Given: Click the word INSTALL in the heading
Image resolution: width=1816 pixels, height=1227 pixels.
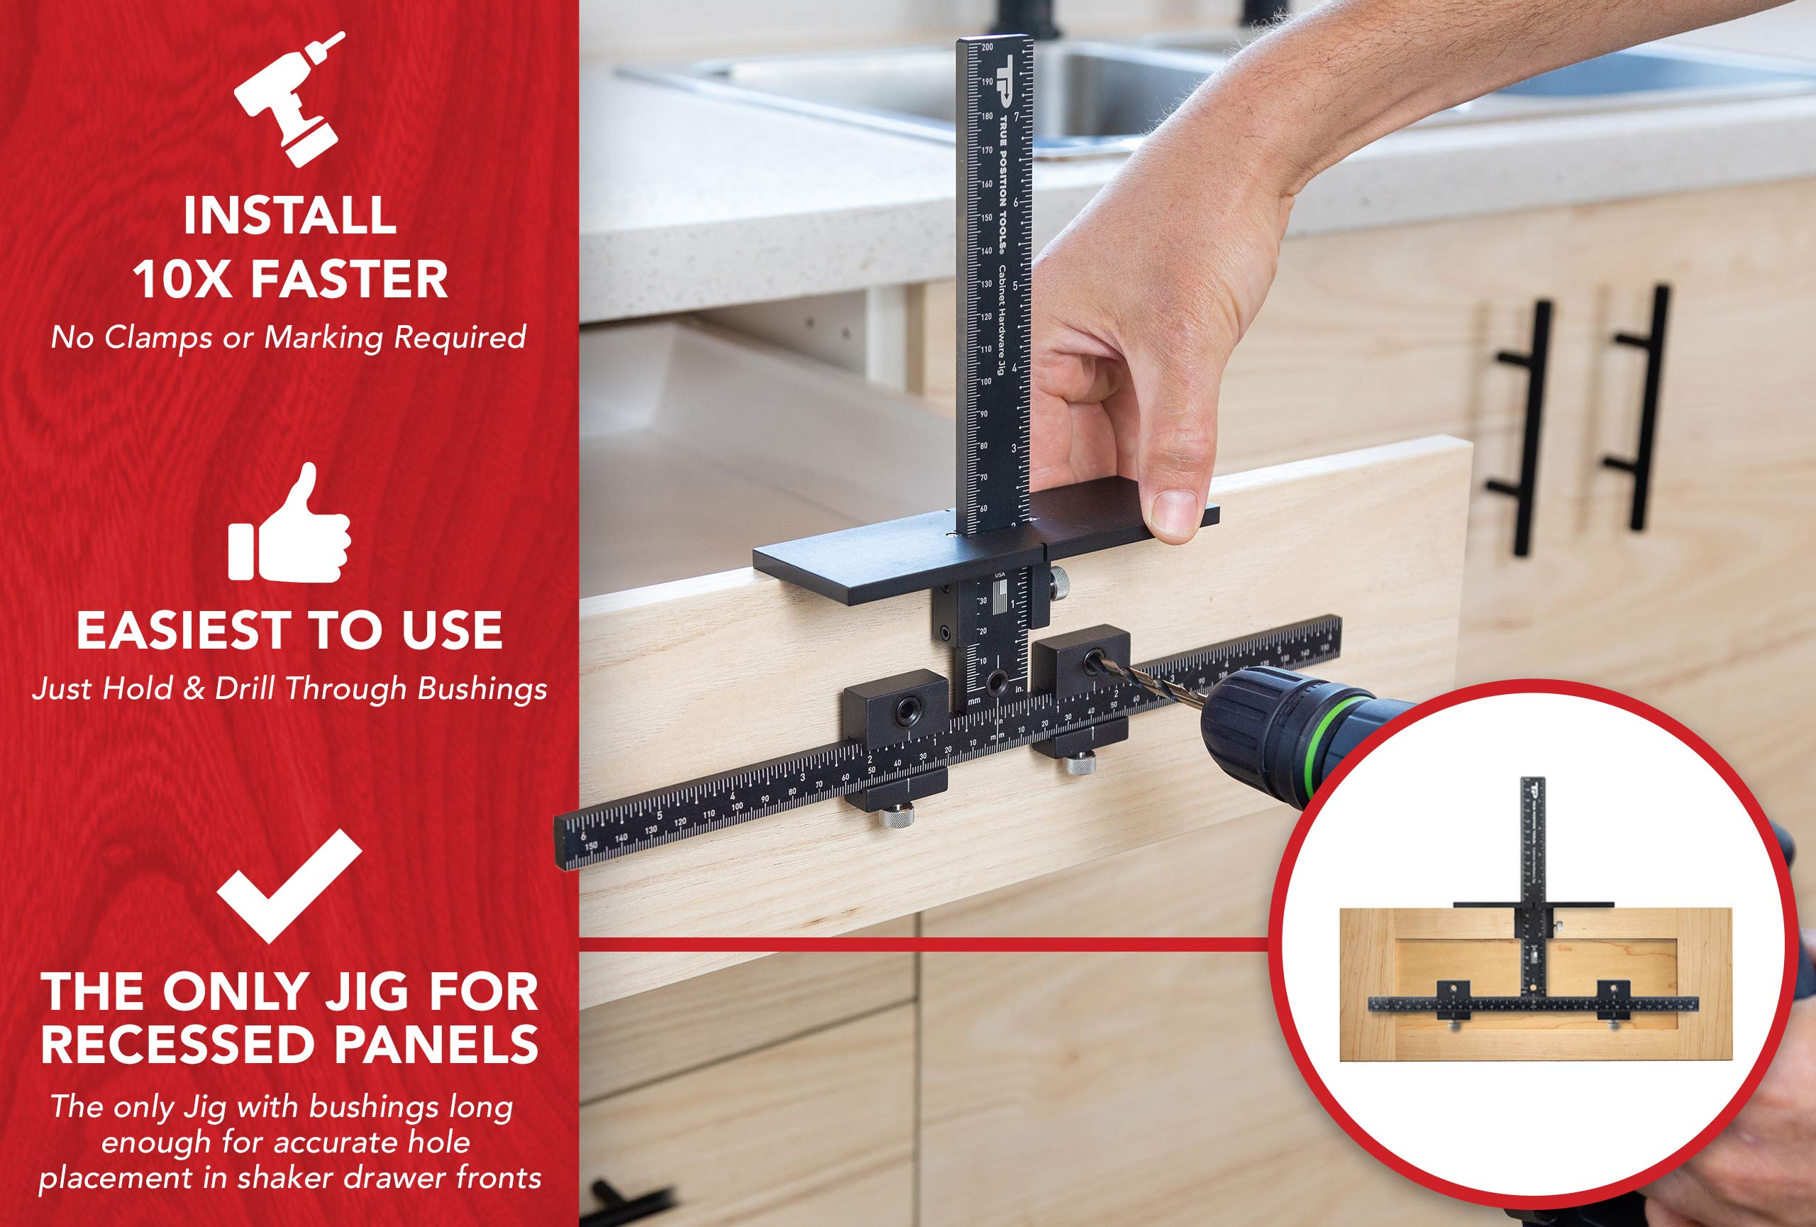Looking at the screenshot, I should [290, 216].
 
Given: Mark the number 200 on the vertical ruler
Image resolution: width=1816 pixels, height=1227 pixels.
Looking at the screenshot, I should [987, 48].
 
